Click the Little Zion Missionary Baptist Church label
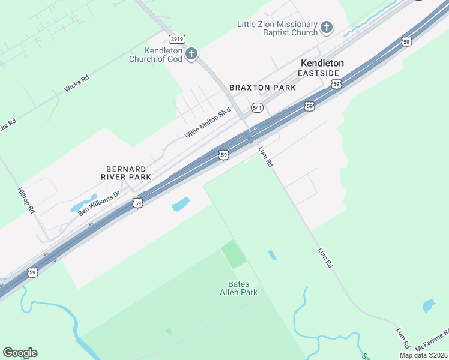tap(277, 28)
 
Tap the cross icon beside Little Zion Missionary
tap(326, 27)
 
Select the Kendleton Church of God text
tap(156, 55)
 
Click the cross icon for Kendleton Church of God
tap(191, 55)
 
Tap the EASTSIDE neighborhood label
tap(318, 73)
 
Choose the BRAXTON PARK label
tap(262, 88)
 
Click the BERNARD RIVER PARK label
tap(126, 173)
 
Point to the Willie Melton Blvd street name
tap(208, 123)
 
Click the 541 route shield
tap(257, 107)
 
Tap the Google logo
tap(20, 353)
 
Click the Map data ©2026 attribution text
tap(424, 355)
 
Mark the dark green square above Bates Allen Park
tap(234, 254)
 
